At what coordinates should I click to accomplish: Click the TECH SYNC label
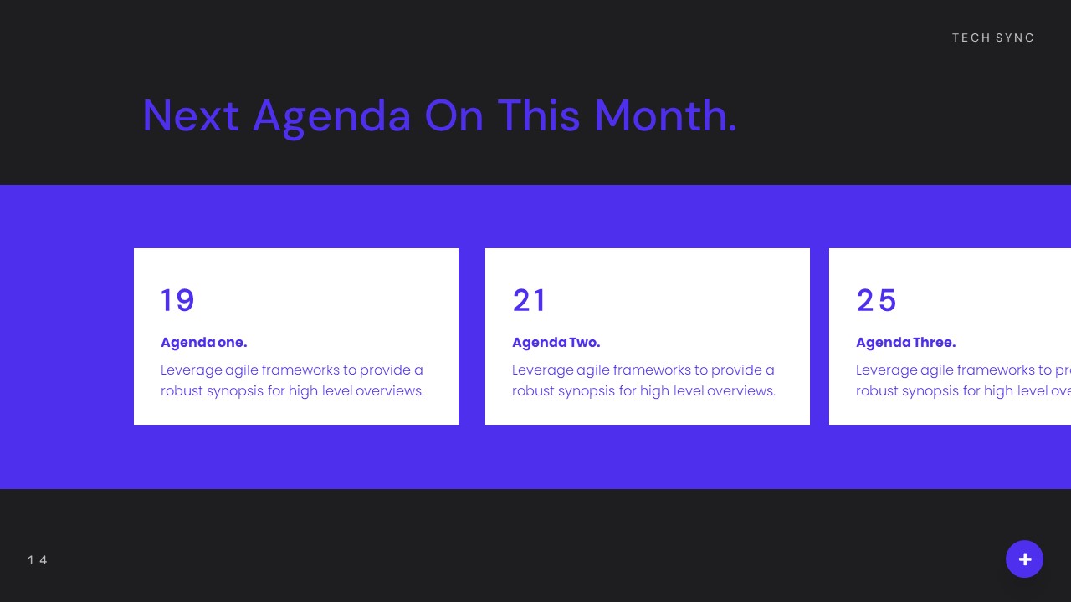(993, 38)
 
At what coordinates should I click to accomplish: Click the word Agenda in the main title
(331, 116)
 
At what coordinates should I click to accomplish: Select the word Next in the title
(191, 115)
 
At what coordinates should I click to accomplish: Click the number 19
(177, 300)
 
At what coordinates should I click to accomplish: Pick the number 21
(529, 300)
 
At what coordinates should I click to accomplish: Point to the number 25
(876, 300)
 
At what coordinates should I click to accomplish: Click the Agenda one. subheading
(203, 342)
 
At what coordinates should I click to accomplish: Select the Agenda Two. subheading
(556, 342)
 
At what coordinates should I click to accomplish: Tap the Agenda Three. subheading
(905, 342)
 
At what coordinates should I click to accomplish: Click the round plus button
(1024, 559)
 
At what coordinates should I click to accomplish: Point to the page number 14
(38, 560)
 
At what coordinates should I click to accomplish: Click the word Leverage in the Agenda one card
(191, 370)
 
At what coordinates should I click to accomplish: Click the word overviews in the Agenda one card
(389, 390)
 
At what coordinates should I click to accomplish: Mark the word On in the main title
(454, 115)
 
